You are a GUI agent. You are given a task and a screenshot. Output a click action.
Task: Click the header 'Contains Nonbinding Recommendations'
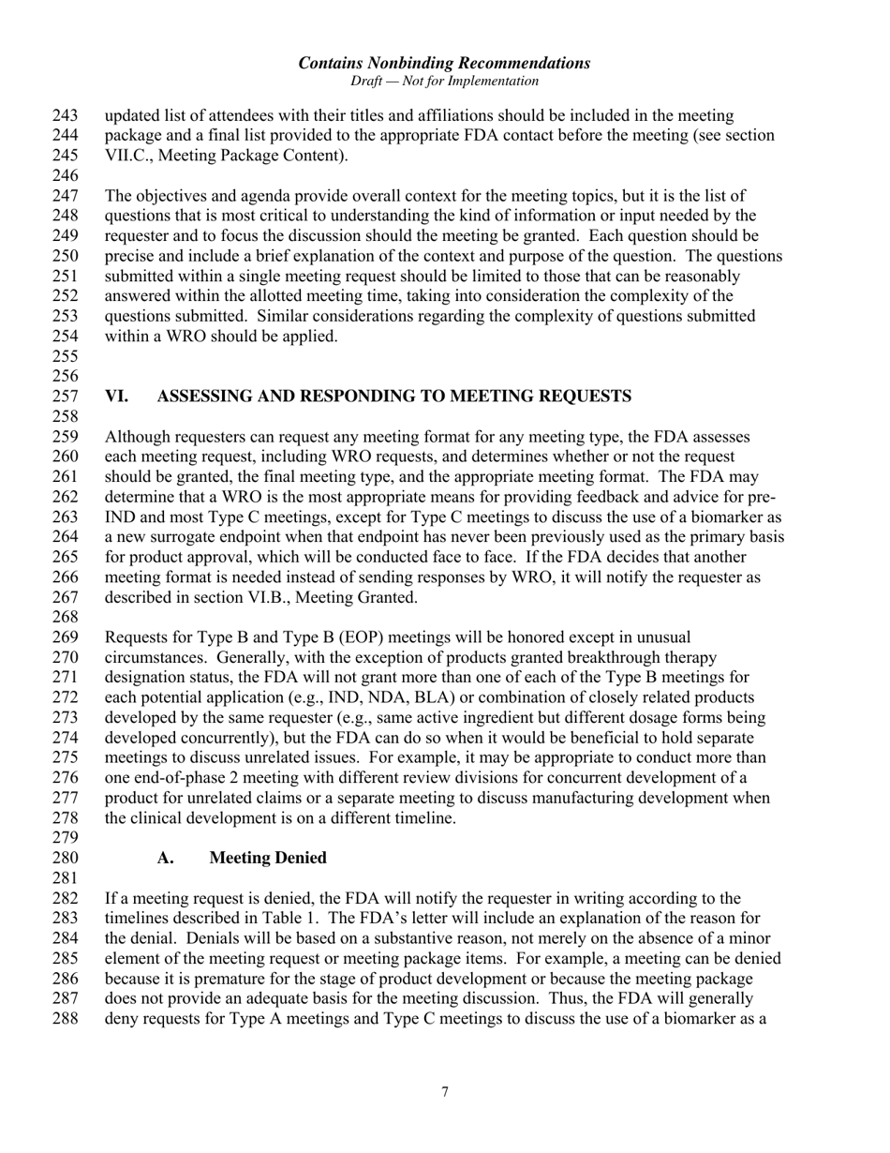(x=444, y=63)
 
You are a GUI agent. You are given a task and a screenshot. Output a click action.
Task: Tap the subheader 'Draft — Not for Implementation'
(x=444, y=82)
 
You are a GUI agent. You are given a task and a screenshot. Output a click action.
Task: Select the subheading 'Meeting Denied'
(x=268, y=858)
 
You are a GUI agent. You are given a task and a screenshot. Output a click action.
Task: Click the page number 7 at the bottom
(x=444, y=1091)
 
